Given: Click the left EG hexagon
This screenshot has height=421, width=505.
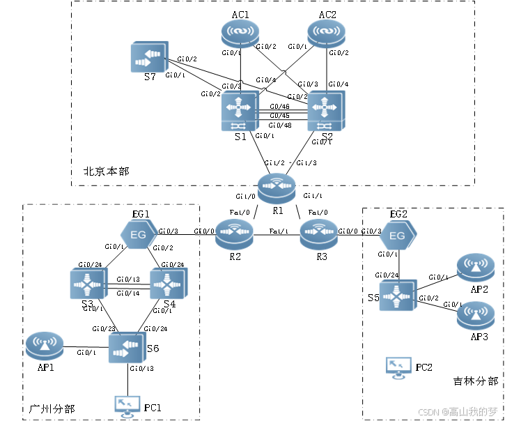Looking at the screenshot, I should (x=139, y=235).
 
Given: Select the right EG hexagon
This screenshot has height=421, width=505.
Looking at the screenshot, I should (x=398, y=236).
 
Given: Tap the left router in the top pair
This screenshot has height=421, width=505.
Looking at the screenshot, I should (x=240, y=33).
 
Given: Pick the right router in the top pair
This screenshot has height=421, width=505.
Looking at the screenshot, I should (x=327, y=33).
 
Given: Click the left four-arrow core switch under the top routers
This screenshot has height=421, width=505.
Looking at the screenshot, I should (x=240, y=111).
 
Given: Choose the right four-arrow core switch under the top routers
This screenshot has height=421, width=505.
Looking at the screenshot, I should (x=327, y=111).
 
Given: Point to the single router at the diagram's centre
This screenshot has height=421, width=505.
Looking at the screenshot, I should (x=277, y=188).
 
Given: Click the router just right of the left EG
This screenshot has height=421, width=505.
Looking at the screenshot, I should (x=235, y=234).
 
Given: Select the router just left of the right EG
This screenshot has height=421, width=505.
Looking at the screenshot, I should (x=319, y=234).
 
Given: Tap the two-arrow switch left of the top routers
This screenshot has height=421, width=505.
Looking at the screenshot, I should (x=149, y=56).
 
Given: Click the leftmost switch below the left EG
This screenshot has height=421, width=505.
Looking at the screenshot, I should (x=88, y=284).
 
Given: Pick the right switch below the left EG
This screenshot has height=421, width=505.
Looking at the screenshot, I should (x=169, y=284).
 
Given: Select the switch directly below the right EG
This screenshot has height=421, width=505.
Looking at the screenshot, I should (x=398, y=296).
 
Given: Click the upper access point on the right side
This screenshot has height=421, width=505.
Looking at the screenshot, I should (x=476, y=267).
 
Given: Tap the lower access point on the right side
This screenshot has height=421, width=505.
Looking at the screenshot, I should (x=476, y=316).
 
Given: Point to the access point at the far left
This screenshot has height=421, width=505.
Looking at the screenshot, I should (x=45, y=346).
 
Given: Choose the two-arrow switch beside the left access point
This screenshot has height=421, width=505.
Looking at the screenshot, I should (x=127, y=347).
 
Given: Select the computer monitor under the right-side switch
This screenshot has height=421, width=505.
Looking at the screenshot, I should (x=398, y=367).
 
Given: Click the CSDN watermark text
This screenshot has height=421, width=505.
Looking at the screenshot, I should (x=457, y=411).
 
